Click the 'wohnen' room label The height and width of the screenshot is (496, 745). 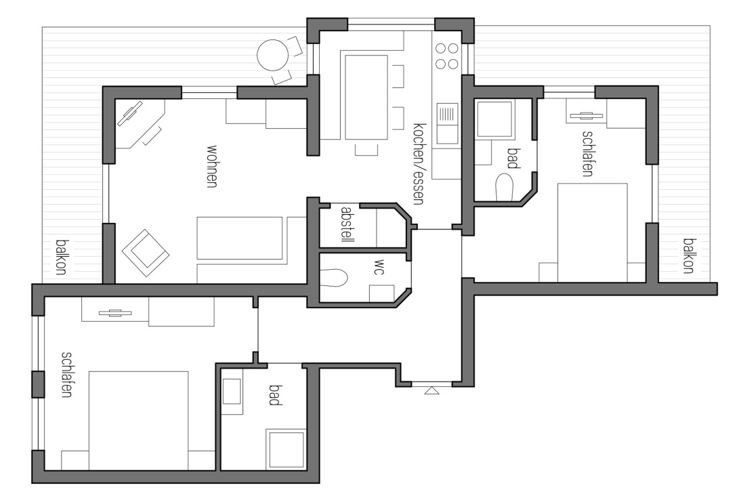tap(212, 165)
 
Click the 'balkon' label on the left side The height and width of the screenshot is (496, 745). tap(61, 257)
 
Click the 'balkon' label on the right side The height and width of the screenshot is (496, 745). tap(689, 255)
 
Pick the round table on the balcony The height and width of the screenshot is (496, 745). tap(273, 55)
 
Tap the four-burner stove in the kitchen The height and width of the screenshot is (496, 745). tap(446, 56)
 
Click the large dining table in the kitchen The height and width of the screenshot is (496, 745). tap(366, 97)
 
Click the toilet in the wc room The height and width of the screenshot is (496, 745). tap(333, 276)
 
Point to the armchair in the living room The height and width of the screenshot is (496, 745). tap(145, 252)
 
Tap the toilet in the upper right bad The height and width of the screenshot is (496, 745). tap(505, 188)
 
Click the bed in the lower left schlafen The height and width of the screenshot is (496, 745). tap(139, 420)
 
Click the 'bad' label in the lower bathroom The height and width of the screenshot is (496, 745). tap(274, 395)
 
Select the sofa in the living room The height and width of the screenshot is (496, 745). tap(239, 238)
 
